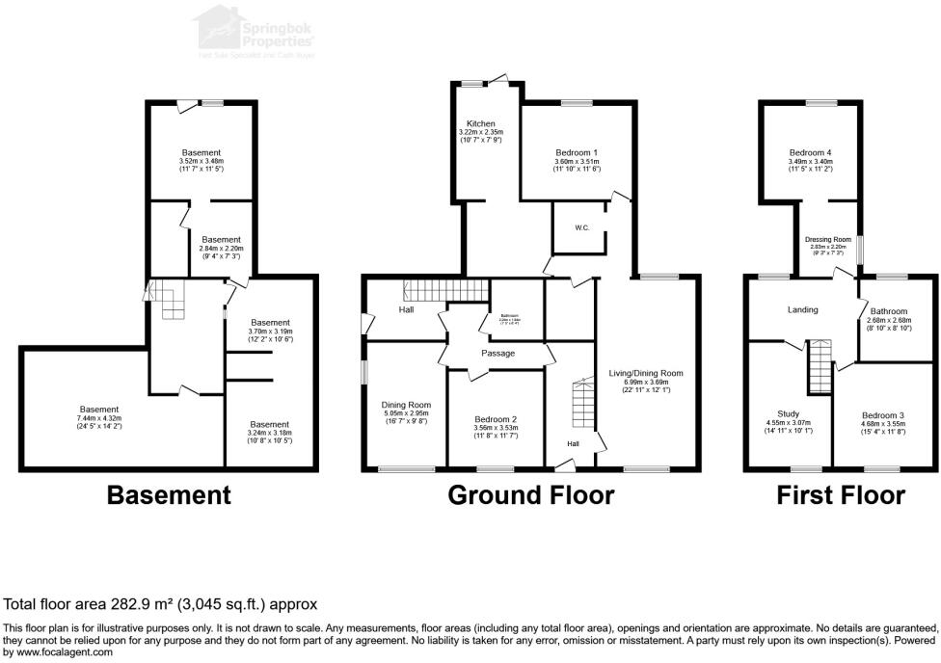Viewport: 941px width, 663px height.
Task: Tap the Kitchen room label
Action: [x=481, y=124]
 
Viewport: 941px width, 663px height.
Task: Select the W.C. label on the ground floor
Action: [x=581, y=228]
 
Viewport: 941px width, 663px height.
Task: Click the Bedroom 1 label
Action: [x=577, y=153]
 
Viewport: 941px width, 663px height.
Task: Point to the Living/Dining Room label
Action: [x=646, y=373]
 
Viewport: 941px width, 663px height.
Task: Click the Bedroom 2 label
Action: [x=496, y=419]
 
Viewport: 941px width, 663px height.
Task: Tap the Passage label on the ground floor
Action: [x=497, y=354]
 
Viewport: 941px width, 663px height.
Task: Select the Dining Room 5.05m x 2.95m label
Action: [x=405, y=405]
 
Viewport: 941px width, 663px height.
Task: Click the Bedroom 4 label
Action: [x=809, y=153]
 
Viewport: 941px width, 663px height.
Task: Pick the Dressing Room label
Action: [x=828, y=239]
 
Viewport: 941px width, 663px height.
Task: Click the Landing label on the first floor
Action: [x=802, y=310]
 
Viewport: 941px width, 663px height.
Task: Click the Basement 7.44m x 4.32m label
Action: [x=99, y=410]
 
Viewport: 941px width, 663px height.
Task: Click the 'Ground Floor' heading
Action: [x=530, y=496]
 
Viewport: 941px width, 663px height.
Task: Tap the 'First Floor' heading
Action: [x=841, y=496]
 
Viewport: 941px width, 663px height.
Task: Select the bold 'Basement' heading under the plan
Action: [x=169, y=496]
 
